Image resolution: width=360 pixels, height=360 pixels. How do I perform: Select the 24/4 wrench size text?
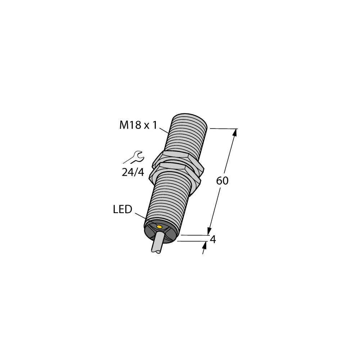133,172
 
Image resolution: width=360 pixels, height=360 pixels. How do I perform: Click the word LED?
122,210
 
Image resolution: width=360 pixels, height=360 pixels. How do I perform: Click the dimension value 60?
222,181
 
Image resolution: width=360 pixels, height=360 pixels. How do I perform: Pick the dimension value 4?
213,239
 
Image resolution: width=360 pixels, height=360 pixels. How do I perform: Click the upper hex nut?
176,157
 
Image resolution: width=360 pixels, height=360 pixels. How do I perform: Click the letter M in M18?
123,125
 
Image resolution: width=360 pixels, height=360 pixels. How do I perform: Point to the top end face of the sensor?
190,119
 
